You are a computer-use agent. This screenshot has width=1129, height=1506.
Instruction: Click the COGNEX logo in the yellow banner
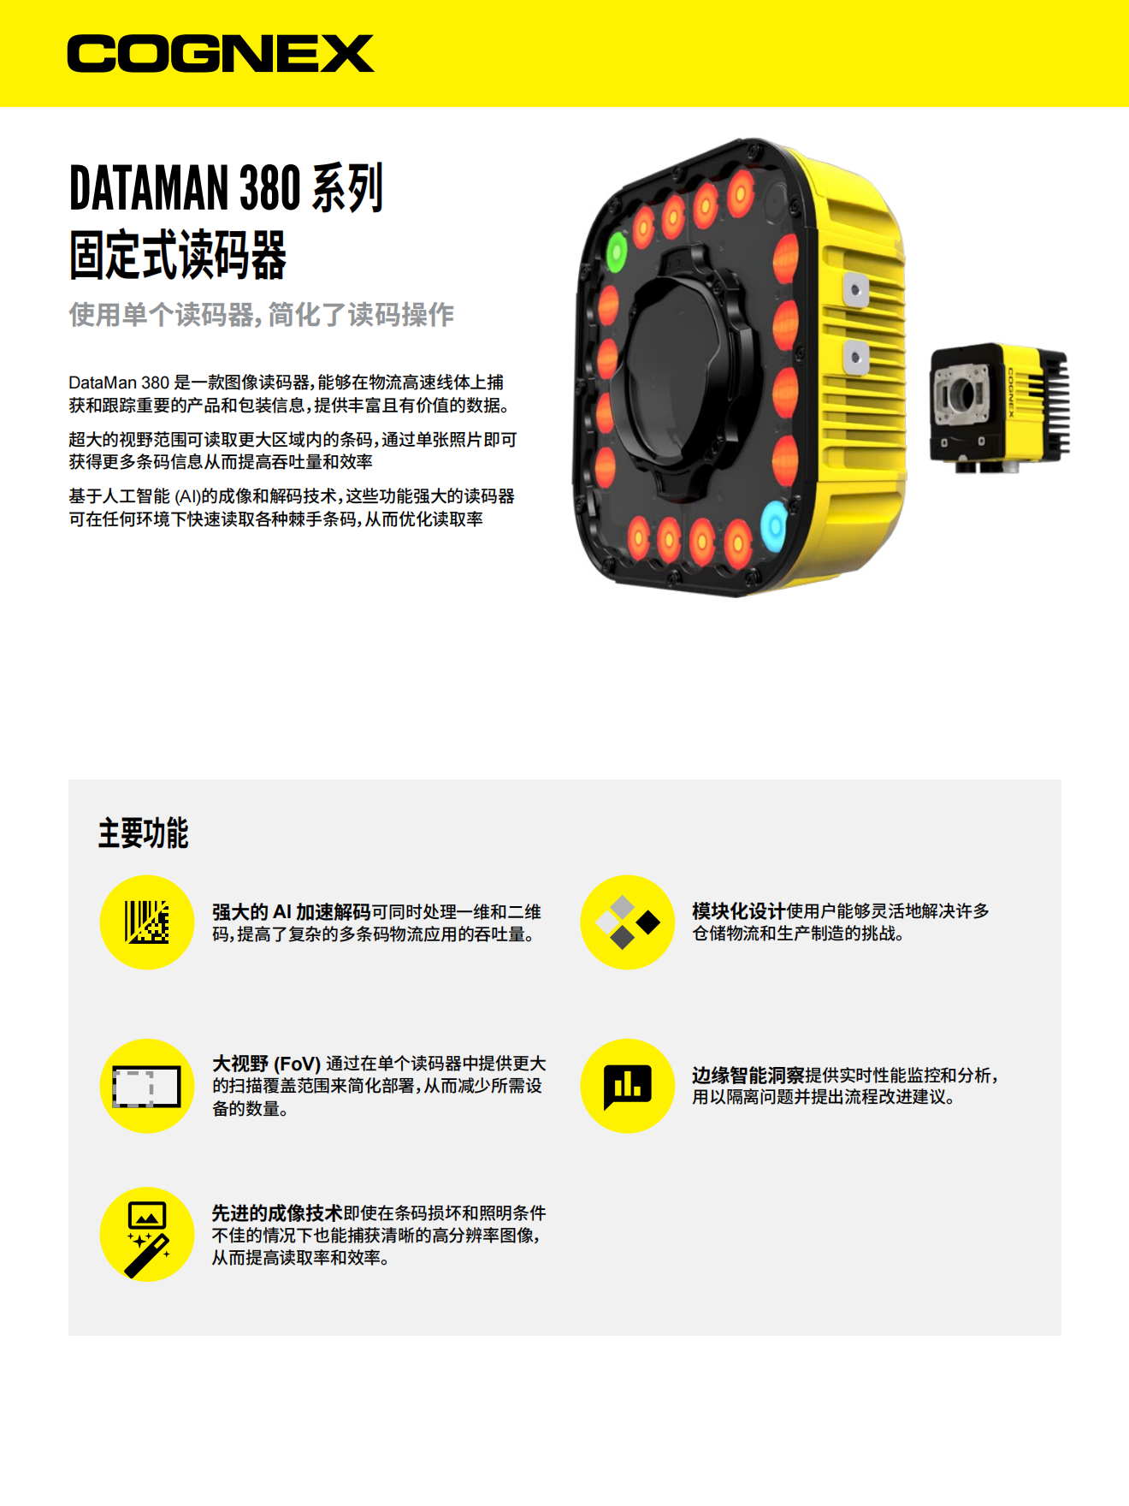click(x=221, y=53)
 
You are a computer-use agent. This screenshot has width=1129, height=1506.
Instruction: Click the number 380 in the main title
click(x=269, y=188)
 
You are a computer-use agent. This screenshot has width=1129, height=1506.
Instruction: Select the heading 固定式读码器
click(x=178, y=255)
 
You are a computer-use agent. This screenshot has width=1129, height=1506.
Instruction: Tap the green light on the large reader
click(x=617, y=252)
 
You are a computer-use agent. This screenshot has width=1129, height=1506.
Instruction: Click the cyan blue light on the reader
click(x=773, y=522)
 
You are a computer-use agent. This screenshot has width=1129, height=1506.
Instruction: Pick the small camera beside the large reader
click(x=999, y=408)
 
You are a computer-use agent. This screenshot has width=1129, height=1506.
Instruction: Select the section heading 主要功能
click(x=143, y=833)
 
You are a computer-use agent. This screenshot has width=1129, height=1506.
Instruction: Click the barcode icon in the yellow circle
click(x=147, y=922)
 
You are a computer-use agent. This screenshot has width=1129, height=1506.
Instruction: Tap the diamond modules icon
click(x=628, y=922)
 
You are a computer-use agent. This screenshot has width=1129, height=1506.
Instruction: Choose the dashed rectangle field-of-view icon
click(x=147, y=1087)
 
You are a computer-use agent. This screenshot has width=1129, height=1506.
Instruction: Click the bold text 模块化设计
click(x=739, y=911)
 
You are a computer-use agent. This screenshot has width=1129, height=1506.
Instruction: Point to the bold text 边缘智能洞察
click(x=748, y=1076)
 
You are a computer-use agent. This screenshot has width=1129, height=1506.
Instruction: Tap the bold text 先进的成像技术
click(x=277, y=1213)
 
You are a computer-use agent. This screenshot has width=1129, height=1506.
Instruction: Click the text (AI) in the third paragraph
click(x=187, y=496)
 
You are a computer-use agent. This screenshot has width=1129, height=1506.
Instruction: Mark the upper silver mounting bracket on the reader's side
click(x=855, y=290)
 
